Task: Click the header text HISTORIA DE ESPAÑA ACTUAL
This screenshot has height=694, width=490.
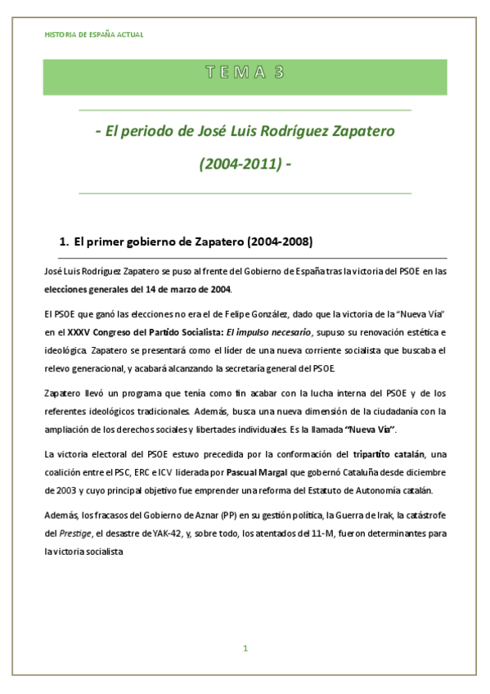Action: click(93, 35)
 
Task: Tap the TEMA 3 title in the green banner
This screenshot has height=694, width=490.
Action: click(245, 72)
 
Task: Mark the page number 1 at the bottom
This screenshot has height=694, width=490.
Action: click(245, 648)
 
